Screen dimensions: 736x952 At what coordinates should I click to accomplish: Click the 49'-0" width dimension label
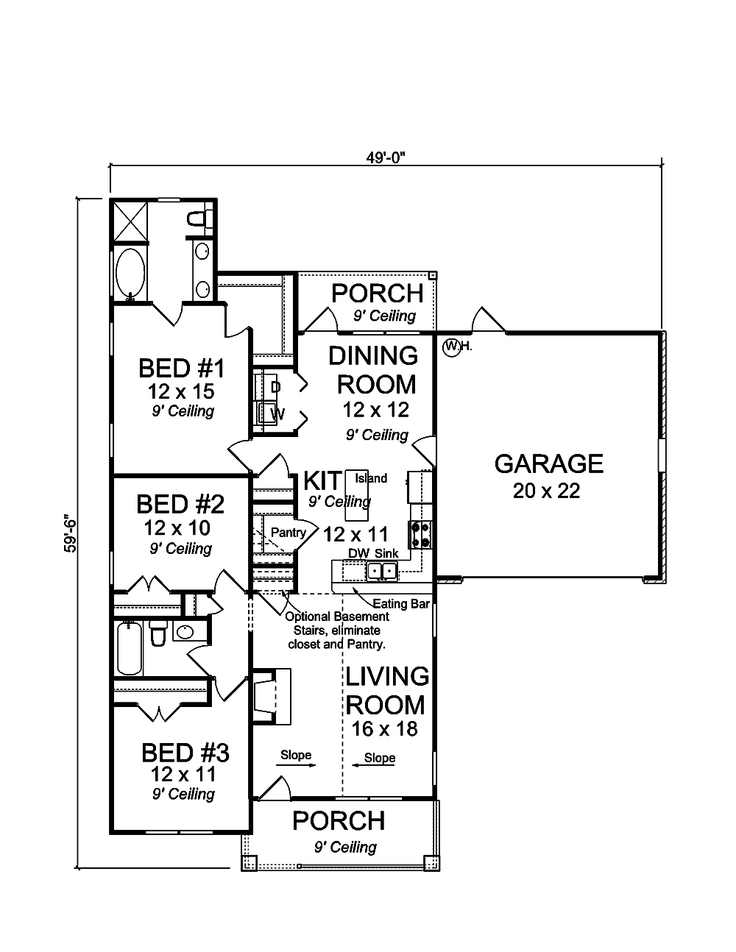point(385,157)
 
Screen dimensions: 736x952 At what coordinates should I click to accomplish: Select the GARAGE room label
point(549,464)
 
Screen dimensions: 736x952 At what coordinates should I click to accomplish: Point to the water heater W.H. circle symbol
point(451,347)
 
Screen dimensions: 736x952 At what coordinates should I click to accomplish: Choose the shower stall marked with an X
point(130,221)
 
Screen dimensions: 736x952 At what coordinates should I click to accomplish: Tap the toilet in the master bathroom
point(199,219)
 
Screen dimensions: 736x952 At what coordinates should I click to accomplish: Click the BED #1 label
point(182,369)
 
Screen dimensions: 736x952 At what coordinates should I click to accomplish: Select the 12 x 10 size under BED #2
point(177,528)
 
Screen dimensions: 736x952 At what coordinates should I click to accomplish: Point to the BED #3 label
point(185,753)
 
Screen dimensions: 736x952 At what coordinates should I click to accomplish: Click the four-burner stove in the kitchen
point(420,534)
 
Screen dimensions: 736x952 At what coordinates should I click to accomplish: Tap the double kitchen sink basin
point(382,571)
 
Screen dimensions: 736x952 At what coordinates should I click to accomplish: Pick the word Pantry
point(289,533)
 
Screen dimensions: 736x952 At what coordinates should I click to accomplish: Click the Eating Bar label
point(401,604)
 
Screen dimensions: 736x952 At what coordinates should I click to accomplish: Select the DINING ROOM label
point(375,370)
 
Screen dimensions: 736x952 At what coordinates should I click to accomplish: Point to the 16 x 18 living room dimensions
point(385,729)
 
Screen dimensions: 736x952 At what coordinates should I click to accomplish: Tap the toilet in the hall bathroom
point(158,633)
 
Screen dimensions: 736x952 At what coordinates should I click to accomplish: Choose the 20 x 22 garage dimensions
point(547,491)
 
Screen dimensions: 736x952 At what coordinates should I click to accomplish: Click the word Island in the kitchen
point(371,478)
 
